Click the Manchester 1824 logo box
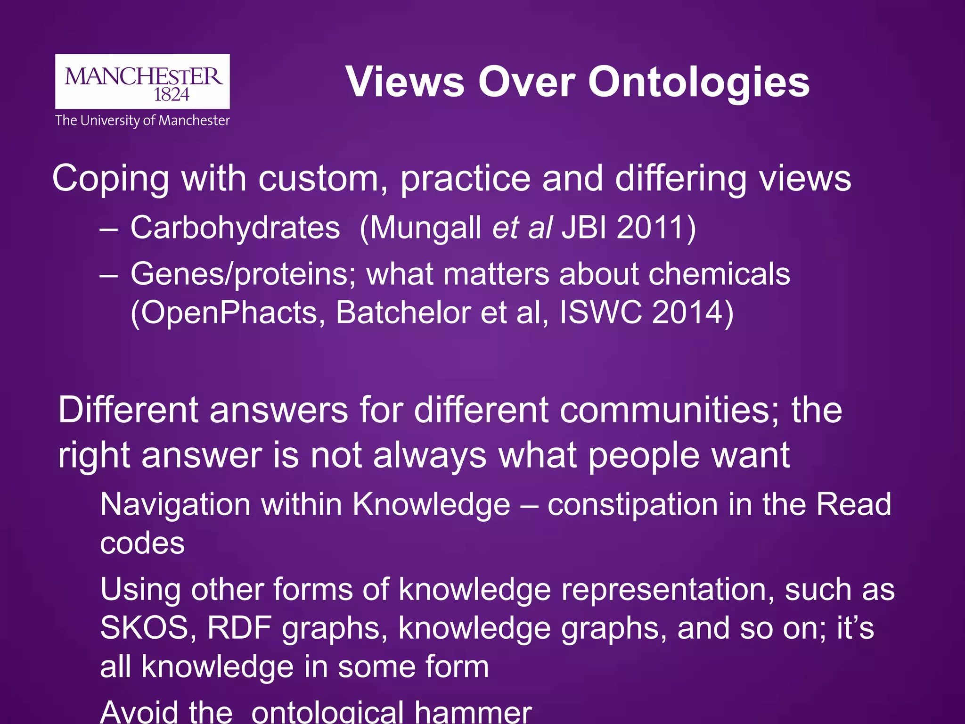point(142,82)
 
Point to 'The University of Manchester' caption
point(142,121)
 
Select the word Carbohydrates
point(235,228)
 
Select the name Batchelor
point(403,313)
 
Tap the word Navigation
point(175,504)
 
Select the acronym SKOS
point(144,628)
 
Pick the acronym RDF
point(239,628)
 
